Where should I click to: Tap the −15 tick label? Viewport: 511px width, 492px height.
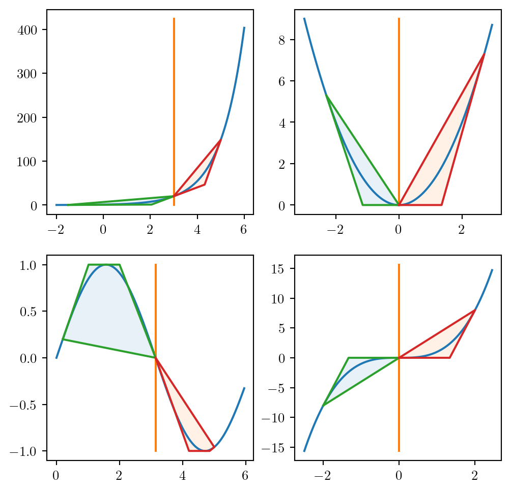[274, 448]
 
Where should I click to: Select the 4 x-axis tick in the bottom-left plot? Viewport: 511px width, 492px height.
[182, 475]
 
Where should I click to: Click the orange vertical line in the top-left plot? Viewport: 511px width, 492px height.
[174, 102]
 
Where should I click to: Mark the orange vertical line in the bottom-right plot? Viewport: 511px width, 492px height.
[399, 407]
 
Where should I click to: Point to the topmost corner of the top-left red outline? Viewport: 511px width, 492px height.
[220, 140]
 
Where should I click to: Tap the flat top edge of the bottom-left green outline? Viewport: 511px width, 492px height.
[104, 264]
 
